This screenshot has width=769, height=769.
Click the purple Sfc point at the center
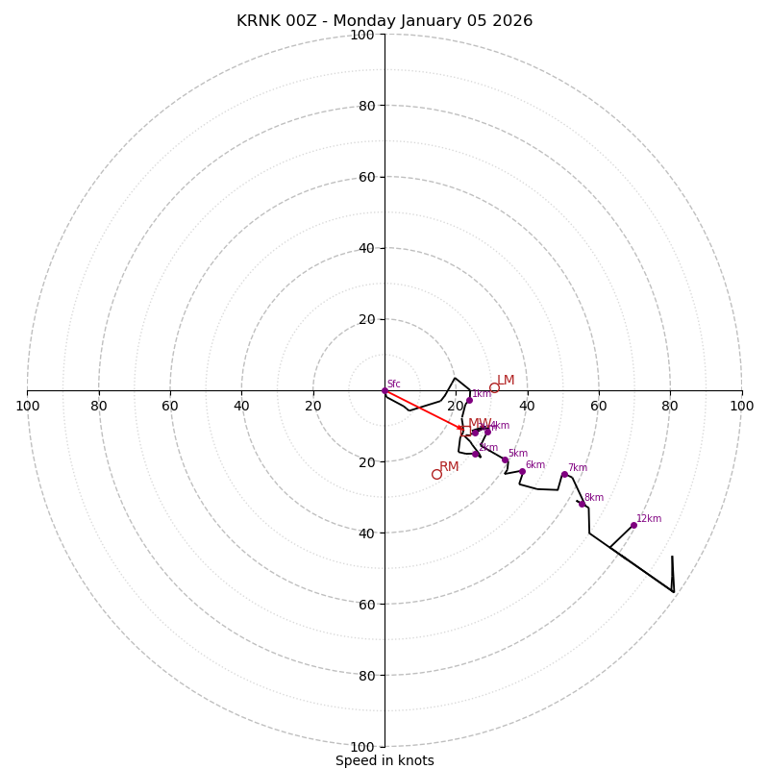click(x=384, y=390)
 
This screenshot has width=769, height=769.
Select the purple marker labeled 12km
click(x=633, y=525)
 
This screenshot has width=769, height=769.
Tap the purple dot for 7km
click(x=564, y=474)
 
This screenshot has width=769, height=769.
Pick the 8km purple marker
click(x=582, y=504)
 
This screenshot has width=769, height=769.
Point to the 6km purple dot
click(x=522, y=471)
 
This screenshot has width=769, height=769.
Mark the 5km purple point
click(x=505, y=459)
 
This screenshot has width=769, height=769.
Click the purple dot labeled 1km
click(x=469, y=400)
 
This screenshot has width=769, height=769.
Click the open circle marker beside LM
click(x=494, y=388)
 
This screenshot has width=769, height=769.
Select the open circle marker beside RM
click(x=436, y=474)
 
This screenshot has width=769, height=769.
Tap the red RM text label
click(x=449, y=467)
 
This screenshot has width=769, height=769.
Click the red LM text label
click(x=506, y=381)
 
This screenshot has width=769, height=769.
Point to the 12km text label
click(x=649, y=519)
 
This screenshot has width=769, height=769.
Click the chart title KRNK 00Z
click(x=384, y=21)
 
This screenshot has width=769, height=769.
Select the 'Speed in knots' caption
click(x=384, y=761)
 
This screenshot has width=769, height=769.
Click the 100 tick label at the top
click(x=362, y=35)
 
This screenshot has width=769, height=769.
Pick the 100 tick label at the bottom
click(x=362, y=747)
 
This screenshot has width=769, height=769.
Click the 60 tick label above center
click(x=367, y=177)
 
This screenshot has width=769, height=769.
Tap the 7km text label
click(x=577, y=468)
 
